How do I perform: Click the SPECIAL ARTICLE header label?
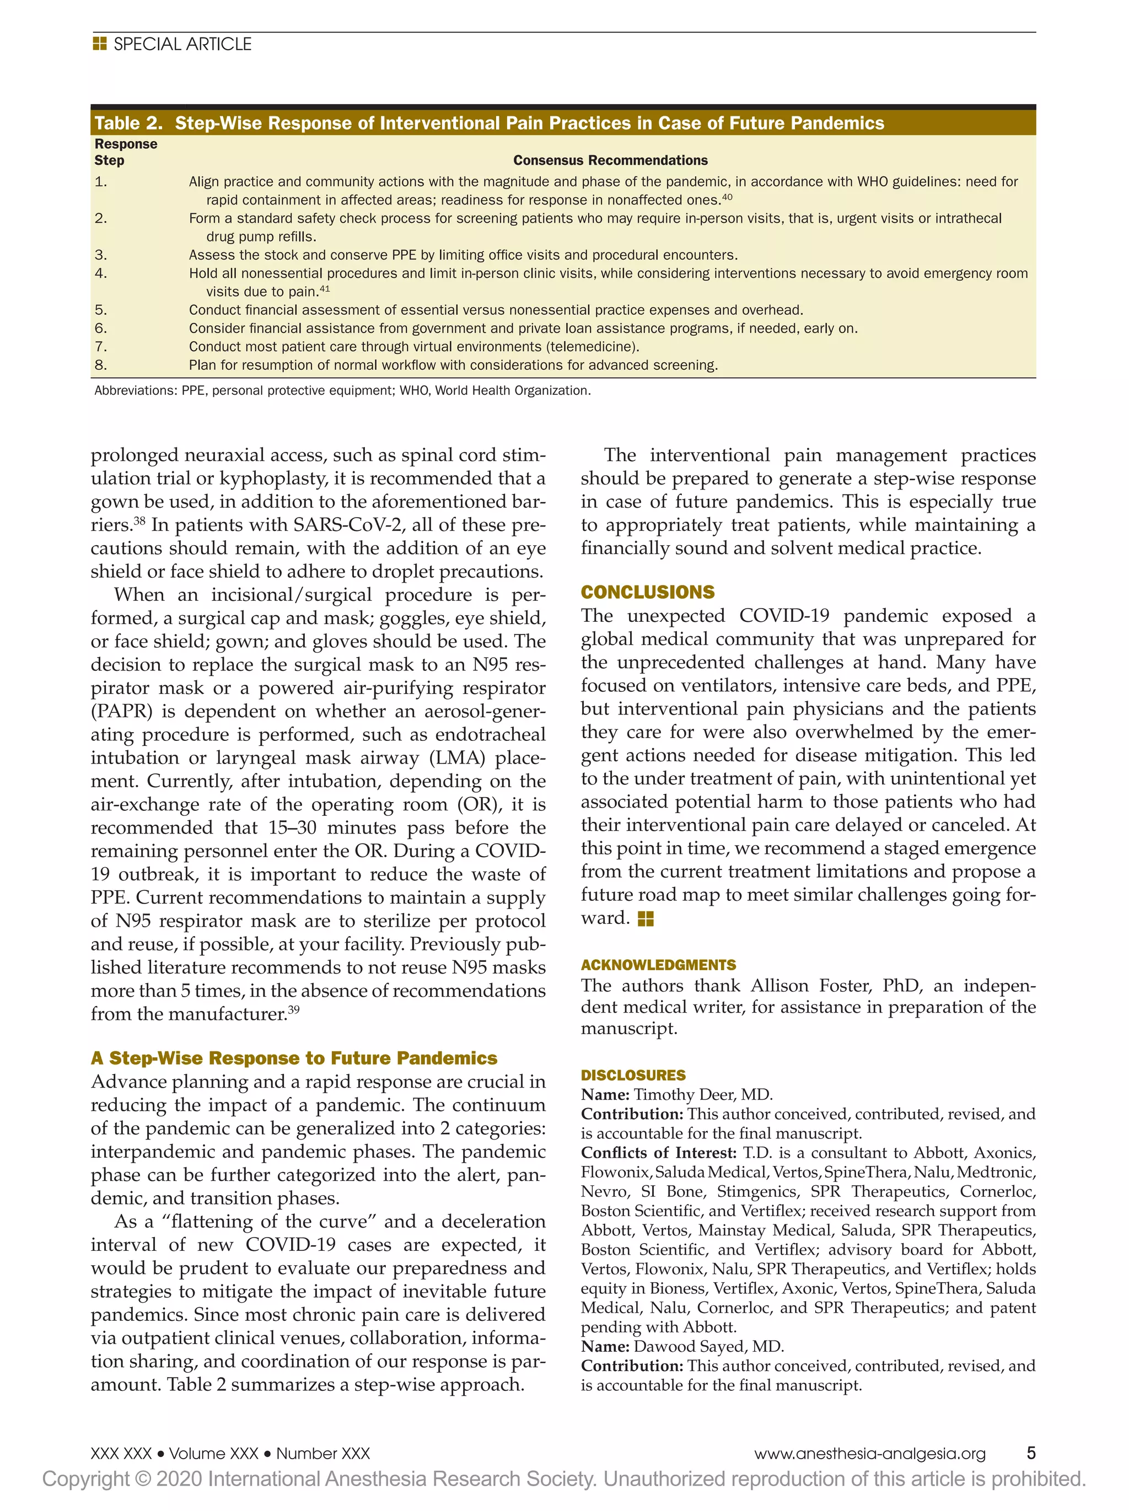tap(182, 45)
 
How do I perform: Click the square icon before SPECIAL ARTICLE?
tap(100, 45)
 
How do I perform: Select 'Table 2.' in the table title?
tap(128, 123)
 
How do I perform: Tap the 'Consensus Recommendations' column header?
tap(610, 160)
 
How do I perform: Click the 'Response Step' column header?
tap(125, 152)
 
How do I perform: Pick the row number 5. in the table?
tap(101, 310)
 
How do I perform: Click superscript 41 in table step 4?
tap(325, 289)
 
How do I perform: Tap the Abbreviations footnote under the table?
tap(341, 391)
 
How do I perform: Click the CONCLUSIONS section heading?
tap(648, 592)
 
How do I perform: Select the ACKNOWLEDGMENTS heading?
tap(658, 965)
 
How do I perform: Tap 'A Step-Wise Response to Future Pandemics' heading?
tap(294, 1058)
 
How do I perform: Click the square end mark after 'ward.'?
tap(646, 919)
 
